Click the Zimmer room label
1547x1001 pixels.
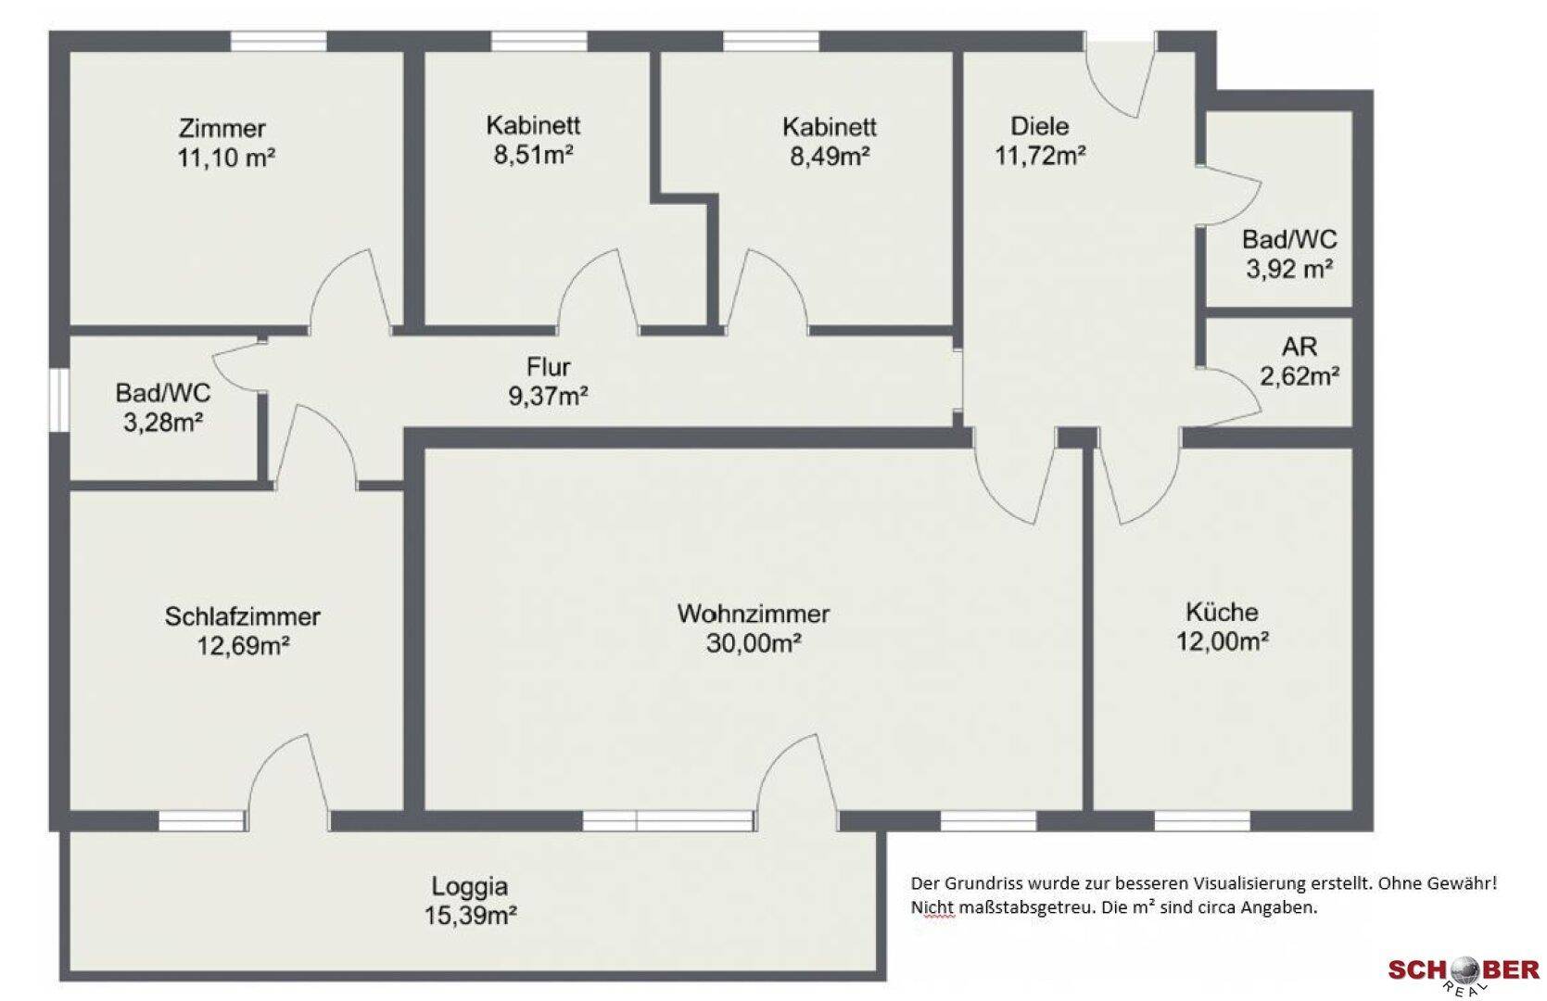[222, 129]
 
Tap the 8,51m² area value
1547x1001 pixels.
[533, 155]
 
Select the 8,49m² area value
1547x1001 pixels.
[830, 156]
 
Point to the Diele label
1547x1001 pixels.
[1039, 126]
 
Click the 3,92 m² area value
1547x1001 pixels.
[1289, 269]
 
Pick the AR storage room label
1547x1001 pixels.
[1300, 346]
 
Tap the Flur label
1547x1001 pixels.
[549, 366]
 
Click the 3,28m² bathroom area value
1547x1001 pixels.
[163, 422]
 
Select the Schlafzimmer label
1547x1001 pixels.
[243, 616]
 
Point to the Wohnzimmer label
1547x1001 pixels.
[754, 614]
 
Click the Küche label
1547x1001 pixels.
[1222, 612]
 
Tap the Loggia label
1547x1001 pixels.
[470, 886]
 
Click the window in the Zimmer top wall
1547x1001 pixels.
[278, 41]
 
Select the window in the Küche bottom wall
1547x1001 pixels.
[1201, 820]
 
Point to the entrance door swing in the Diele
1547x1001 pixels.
[1121, 76]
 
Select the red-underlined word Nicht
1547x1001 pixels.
[932, 907]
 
